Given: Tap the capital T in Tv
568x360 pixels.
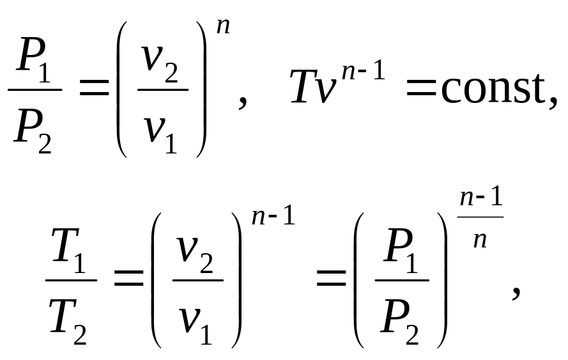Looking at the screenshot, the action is pos(304,87).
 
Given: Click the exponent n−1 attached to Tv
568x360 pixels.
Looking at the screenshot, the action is pos(364,71).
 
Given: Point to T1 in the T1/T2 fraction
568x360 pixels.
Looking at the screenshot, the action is pos(69,249).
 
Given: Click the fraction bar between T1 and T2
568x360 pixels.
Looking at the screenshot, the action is pos(71,280).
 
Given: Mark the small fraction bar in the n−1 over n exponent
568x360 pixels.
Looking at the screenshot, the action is pos(480,217).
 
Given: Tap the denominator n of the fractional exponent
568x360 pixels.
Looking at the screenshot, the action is pos(480,240).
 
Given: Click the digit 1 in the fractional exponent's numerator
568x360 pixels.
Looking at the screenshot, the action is pos(497,197).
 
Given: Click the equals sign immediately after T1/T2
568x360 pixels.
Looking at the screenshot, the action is pos(129,278).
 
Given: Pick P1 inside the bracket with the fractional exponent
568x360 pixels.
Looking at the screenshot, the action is pos(401,250).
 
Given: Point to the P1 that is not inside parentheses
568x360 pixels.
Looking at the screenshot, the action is pos(34,60).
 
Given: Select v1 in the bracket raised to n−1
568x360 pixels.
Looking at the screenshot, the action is pos(196,324).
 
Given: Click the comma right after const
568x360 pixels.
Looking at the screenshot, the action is pos(553,102).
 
